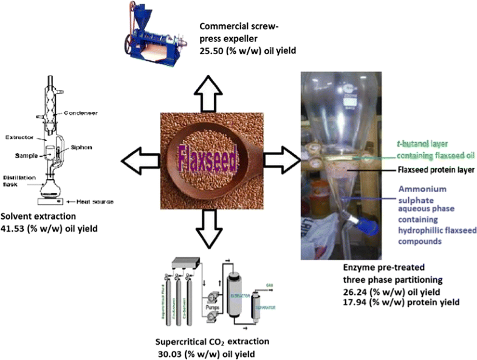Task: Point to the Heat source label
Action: click(x=91, y=201)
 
